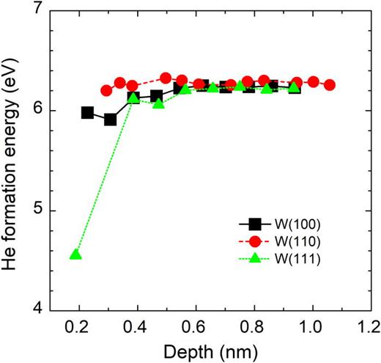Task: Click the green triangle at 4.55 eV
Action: click(x=75, y=254)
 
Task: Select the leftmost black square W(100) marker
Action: click(x=87, y=113)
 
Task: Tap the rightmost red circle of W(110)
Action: click(x=330, y=85)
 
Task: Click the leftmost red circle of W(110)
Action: click(x=106, y=91)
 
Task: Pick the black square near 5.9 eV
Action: click(x=110, y=120)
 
